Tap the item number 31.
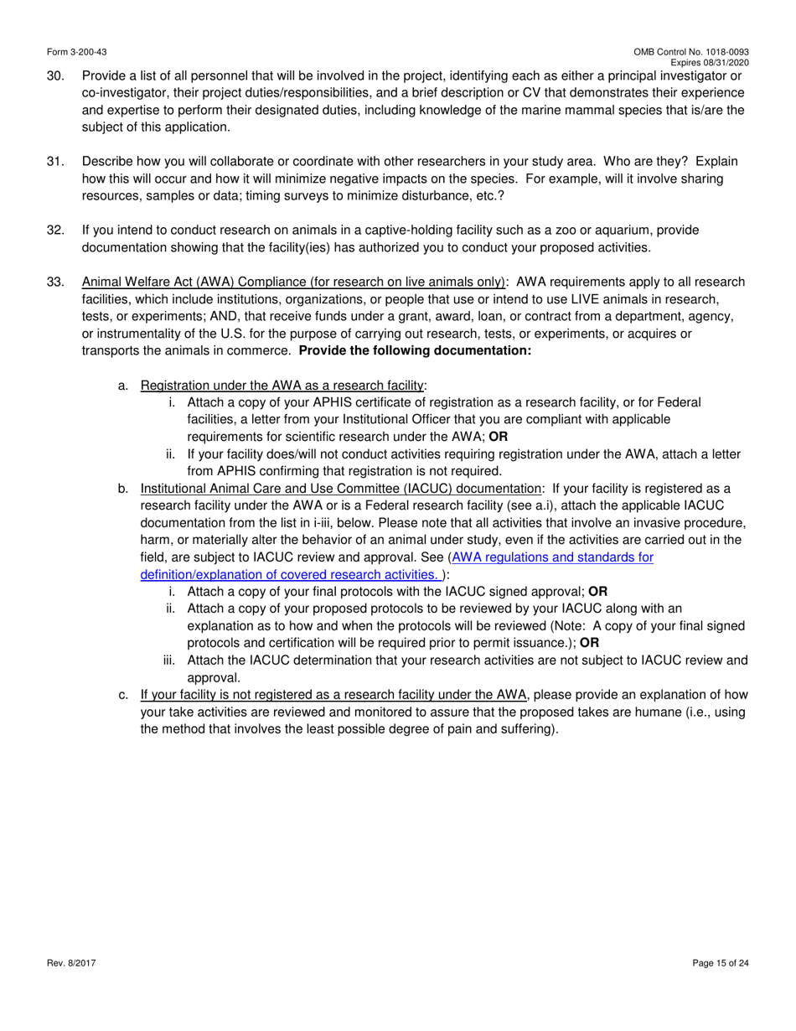click(55, 161)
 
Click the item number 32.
click(55, 230)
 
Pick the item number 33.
click(55, 282)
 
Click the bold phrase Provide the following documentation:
click(415, 350)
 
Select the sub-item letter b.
click(123, 488)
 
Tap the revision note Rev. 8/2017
click(71, 963)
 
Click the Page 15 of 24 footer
click(721, 963)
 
